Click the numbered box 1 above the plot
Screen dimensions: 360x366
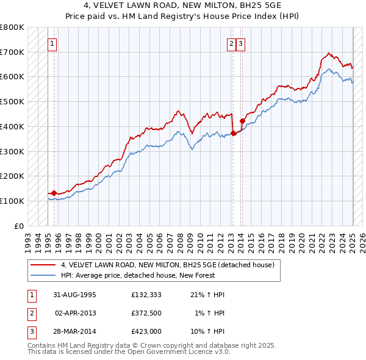(x=53, y=43)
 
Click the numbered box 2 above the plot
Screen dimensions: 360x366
(x=232, y=43)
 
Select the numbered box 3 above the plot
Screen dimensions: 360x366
(x=241, y=43)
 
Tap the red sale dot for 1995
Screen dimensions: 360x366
(x=54, y=193)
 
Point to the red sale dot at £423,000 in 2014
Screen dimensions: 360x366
(x=242, y=121)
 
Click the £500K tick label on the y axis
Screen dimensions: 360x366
(x=12, y=101)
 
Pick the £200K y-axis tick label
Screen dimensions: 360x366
(x=12, y=176)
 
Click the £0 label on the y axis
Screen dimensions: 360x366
(x=19, y=226)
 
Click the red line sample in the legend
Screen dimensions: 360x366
(x=43, y=265)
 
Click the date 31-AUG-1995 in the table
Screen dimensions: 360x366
(x=74, y=295)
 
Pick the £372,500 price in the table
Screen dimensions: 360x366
(x=146, y=313)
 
